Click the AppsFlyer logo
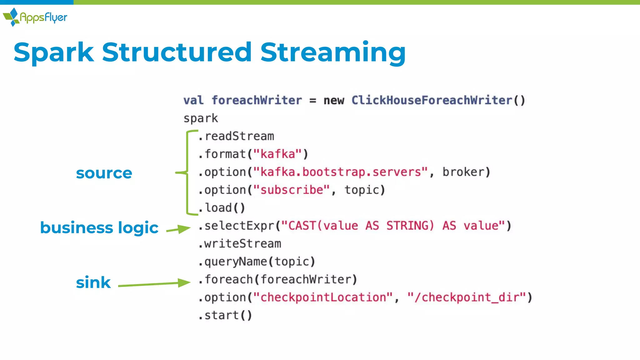pos(35,17)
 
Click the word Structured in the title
pos(177,52)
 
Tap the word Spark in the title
pos(54,52)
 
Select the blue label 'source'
pos(104,173)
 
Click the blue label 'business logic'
pos(99,227)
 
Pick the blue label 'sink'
pos(93,282)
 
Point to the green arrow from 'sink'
pos(154,284)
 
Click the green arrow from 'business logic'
pos(178,229)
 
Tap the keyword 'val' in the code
pos(193,100)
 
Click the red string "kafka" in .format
pos(277,154)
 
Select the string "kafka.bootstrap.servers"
pos(340,172)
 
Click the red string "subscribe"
pos(291,190)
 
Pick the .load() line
pos(222,208)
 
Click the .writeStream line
pos(240,243)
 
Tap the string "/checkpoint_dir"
pos(467,297)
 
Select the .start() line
pos(225,315)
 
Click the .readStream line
pos(236,136)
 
